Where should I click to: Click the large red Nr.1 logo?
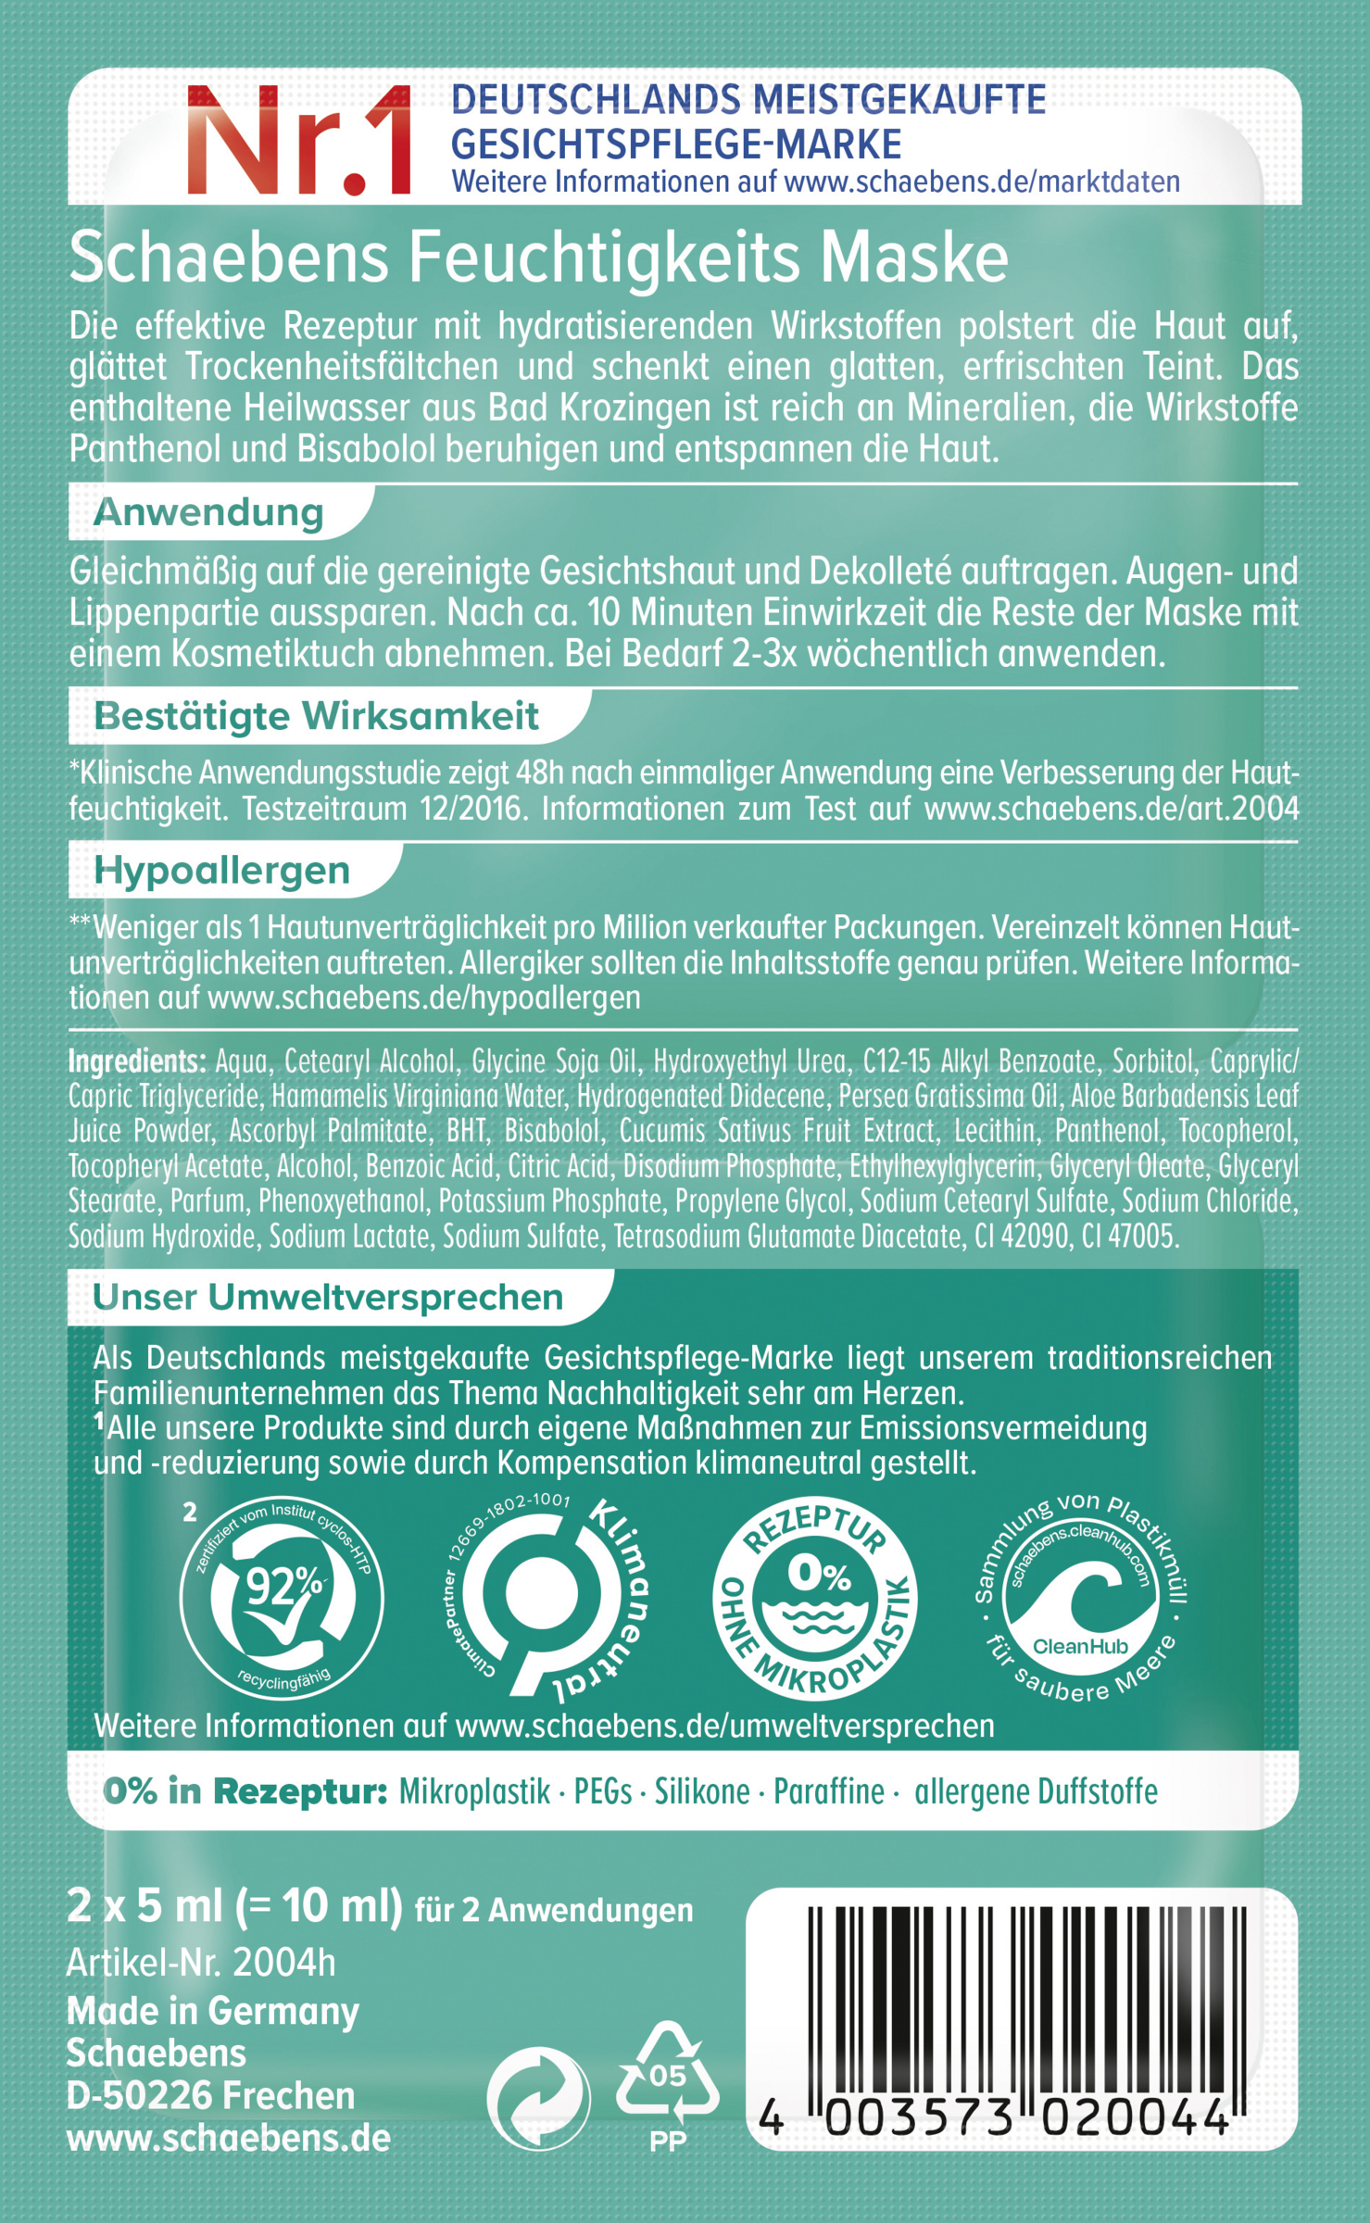299,141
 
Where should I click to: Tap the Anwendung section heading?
208,512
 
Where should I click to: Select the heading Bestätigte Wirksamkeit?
316,716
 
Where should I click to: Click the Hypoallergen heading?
221,871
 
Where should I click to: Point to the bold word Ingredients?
136,1061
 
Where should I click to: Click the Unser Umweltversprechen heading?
328,1298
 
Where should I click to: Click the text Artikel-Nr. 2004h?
201,1963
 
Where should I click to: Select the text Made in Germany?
213,2011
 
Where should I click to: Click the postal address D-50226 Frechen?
211,2095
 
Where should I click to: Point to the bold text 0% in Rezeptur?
245,1792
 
